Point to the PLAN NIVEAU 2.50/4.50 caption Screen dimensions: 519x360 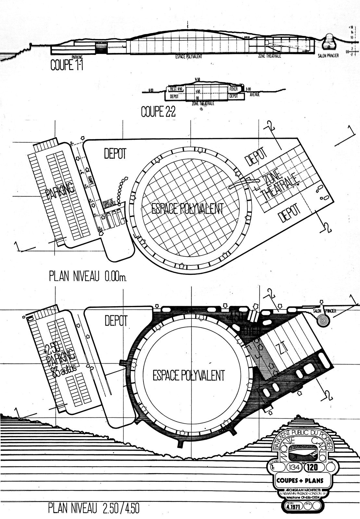[x=94, y=508]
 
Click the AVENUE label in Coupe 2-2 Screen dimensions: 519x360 [x=254, y=95]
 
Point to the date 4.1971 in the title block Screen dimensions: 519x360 [x=293, y=506]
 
